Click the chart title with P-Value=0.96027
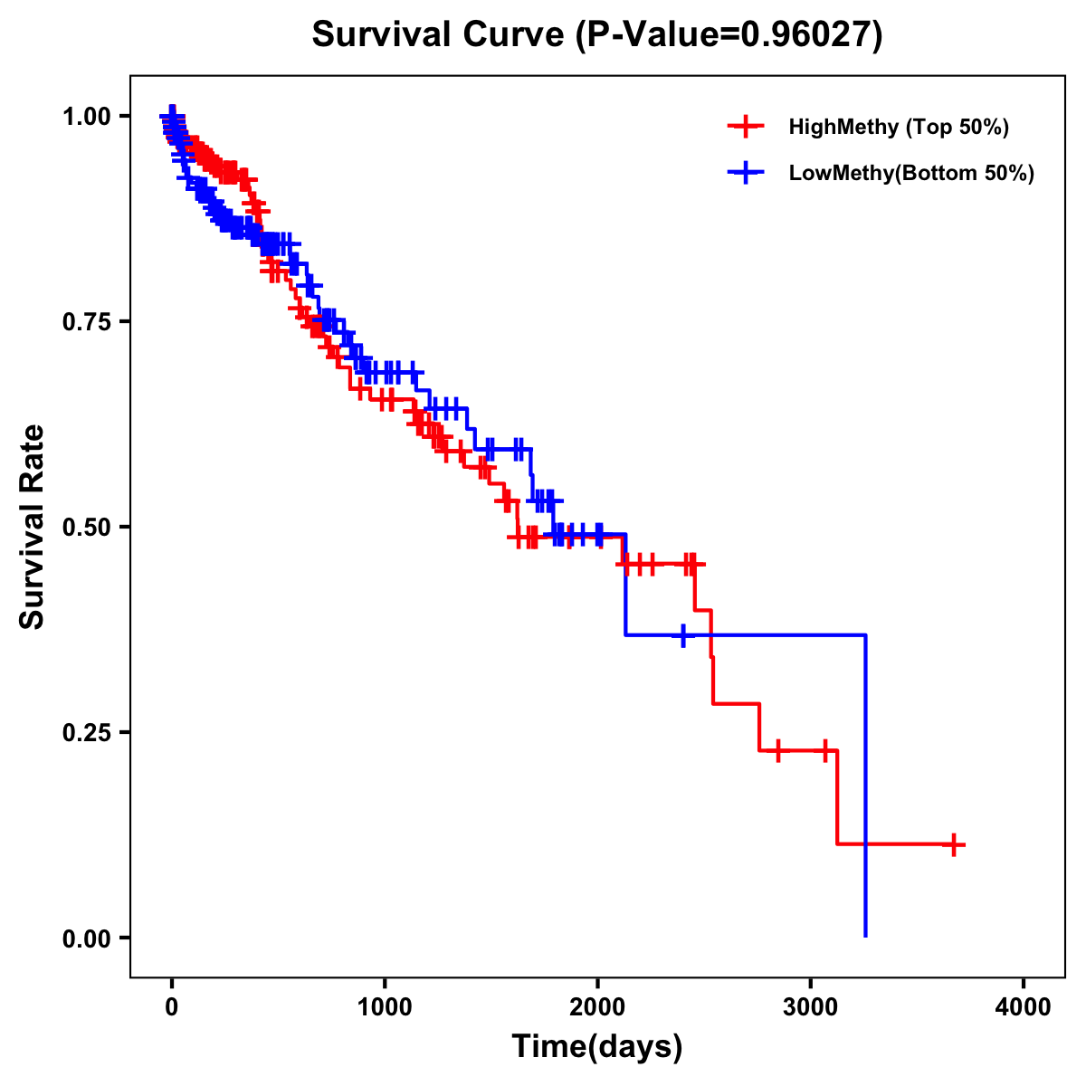coord(596,35)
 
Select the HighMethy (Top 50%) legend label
coord(899,127)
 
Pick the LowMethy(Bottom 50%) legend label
coord(911,173)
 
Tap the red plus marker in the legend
coord(745,127)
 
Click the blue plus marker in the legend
coord(745,173)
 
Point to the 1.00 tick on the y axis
coord(87,117)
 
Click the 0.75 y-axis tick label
coord(87,322)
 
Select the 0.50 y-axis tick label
coord(87,528)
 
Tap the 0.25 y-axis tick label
coord(87,733)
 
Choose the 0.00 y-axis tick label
coord(87,938)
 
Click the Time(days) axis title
coord(597,1047)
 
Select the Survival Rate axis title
coord(33,527)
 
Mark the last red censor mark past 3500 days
coord(952,844)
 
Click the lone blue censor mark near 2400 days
coord(683,635)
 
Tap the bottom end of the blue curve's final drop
coord(866,935)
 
